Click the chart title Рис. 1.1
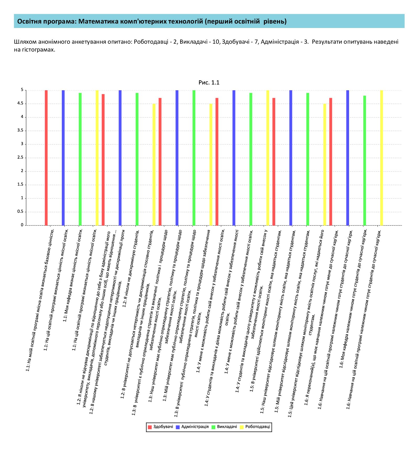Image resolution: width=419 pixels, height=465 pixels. point(209,83)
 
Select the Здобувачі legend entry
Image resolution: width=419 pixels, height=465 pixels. point(161,427)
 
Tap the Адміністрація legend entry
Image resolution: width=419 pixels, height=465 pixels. point(192,427)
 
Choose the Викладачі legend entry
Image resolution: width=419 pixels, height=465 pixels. point(224,427)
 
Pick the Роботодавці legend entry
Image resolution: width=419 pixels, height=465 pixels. point(255,427)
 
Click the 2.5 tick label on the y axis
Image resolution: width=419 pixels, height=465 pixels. point(20,157)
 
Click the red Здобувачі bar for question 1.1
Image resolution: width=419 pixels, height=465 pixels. point(46,158)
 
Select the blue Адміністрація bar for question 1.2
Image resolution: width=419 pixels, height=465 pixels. point(120,158)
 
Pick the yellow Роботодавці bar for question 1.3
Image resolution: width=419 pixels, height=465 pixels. point(211,165)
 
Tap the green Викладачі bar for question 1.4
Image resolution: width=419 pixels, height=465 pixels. point(251,159)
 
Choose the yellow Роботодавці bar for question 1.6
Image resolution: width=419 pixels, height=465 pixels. point(382,158)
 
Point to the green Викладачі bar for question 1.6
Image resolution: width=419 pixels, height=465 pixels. point(365,161)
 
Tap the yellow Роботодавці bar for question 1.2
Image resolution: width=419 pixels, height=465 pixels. point(154,165)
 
